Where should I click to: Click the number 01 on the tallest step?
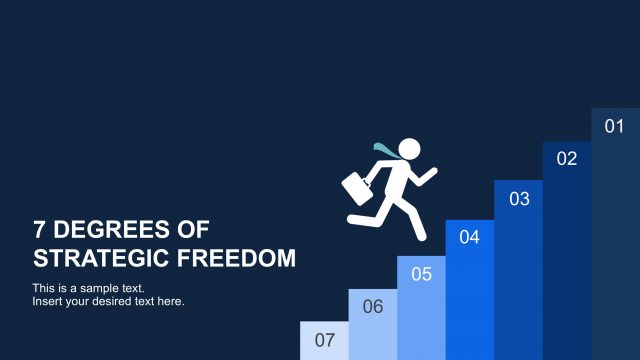tap(615, 126)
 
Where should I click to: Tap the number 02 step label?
tap(567, 158)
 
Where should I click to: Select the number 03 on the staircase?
tap(519, 198)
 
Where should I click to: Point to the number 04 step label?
tap(470, 237)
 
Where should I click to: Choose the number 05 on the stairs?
tap(421, 273)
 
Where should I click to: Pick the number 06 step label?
tap(373, 306)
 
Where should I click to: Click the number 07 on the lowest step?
tap(324, 339)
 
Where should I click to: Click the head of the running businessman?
tap(410, 149)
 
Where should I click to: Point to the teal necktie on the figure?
tap(384, 150)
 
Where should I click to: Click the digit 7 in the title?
tap(40, 229)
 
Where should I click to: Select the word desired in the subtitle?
tap(116, 301)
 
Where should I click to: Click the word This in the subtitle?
tap(44, 288)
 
